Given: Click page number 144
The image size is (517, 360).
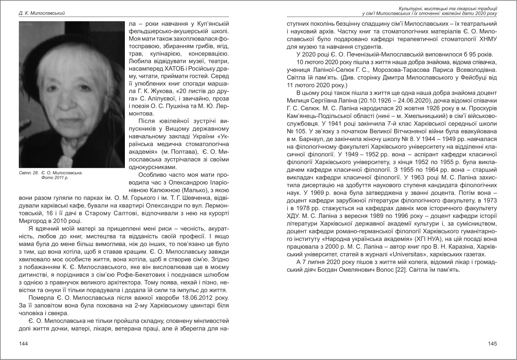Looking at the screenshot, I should (23, 344).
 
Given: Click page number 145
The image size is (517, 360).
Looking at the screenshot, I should (493, 344).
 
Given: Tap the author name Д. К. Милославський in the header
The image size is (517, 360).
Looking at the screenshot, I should (42, 13).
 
